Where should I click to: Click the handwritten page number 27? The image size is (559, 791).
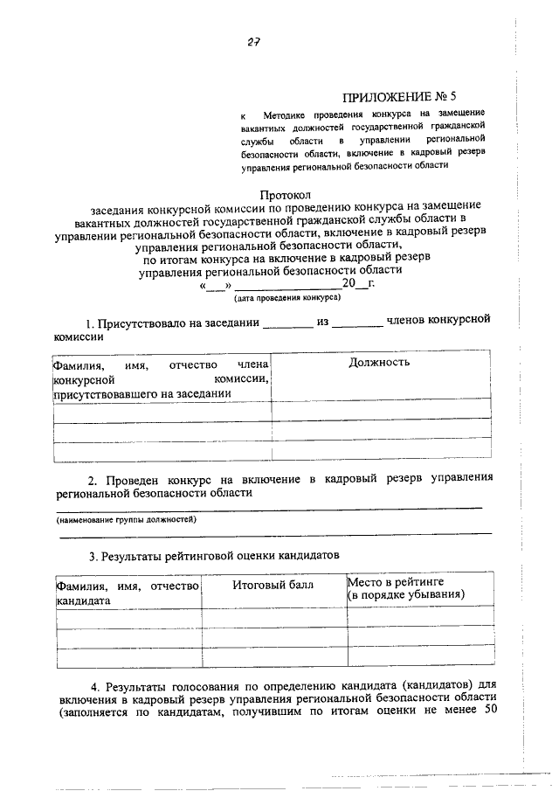[x=255, y=41]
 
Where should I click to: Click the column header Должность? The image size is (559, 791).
[x=379, y=362]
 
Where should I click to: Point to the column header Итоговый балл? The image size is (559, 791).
[x=273, y=584]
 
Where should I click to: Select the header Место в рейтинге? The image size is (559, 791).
[x=397, y=580]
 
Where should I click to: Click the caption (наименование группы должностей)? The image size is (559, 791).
[x=127, y=519]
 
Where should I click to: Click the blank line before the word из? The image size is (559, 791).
[x=287, y=325]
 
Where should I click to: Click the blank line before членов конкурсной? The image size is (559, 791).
[x=357, y=325]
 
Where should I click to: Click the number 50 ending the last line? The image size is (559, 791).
[x=489, y=709]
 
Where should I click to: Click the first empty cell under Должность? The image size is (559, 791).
[x=380, y=411]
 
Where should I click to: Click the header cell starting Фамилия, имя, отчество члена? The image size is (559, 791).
[x=161, y=378]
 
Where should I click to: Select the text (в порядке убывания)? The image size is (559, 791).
[x=405, y=594]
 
